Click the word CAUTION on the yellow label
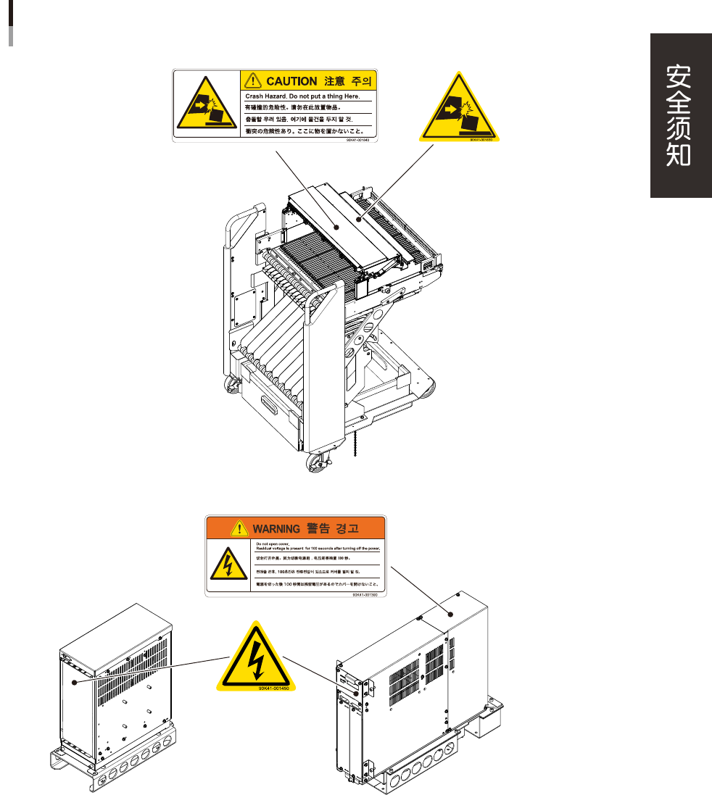point(291,81)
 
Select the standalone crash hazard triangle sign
point(460,108)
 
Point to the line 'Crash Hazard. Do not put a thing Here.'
point(301,96)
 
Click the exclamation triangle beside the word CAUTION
point(252,80)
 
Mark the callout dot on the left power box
point(73,681)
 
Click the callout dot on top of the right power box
point(450,613)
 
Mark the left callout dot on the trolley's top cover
point(336,227)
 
